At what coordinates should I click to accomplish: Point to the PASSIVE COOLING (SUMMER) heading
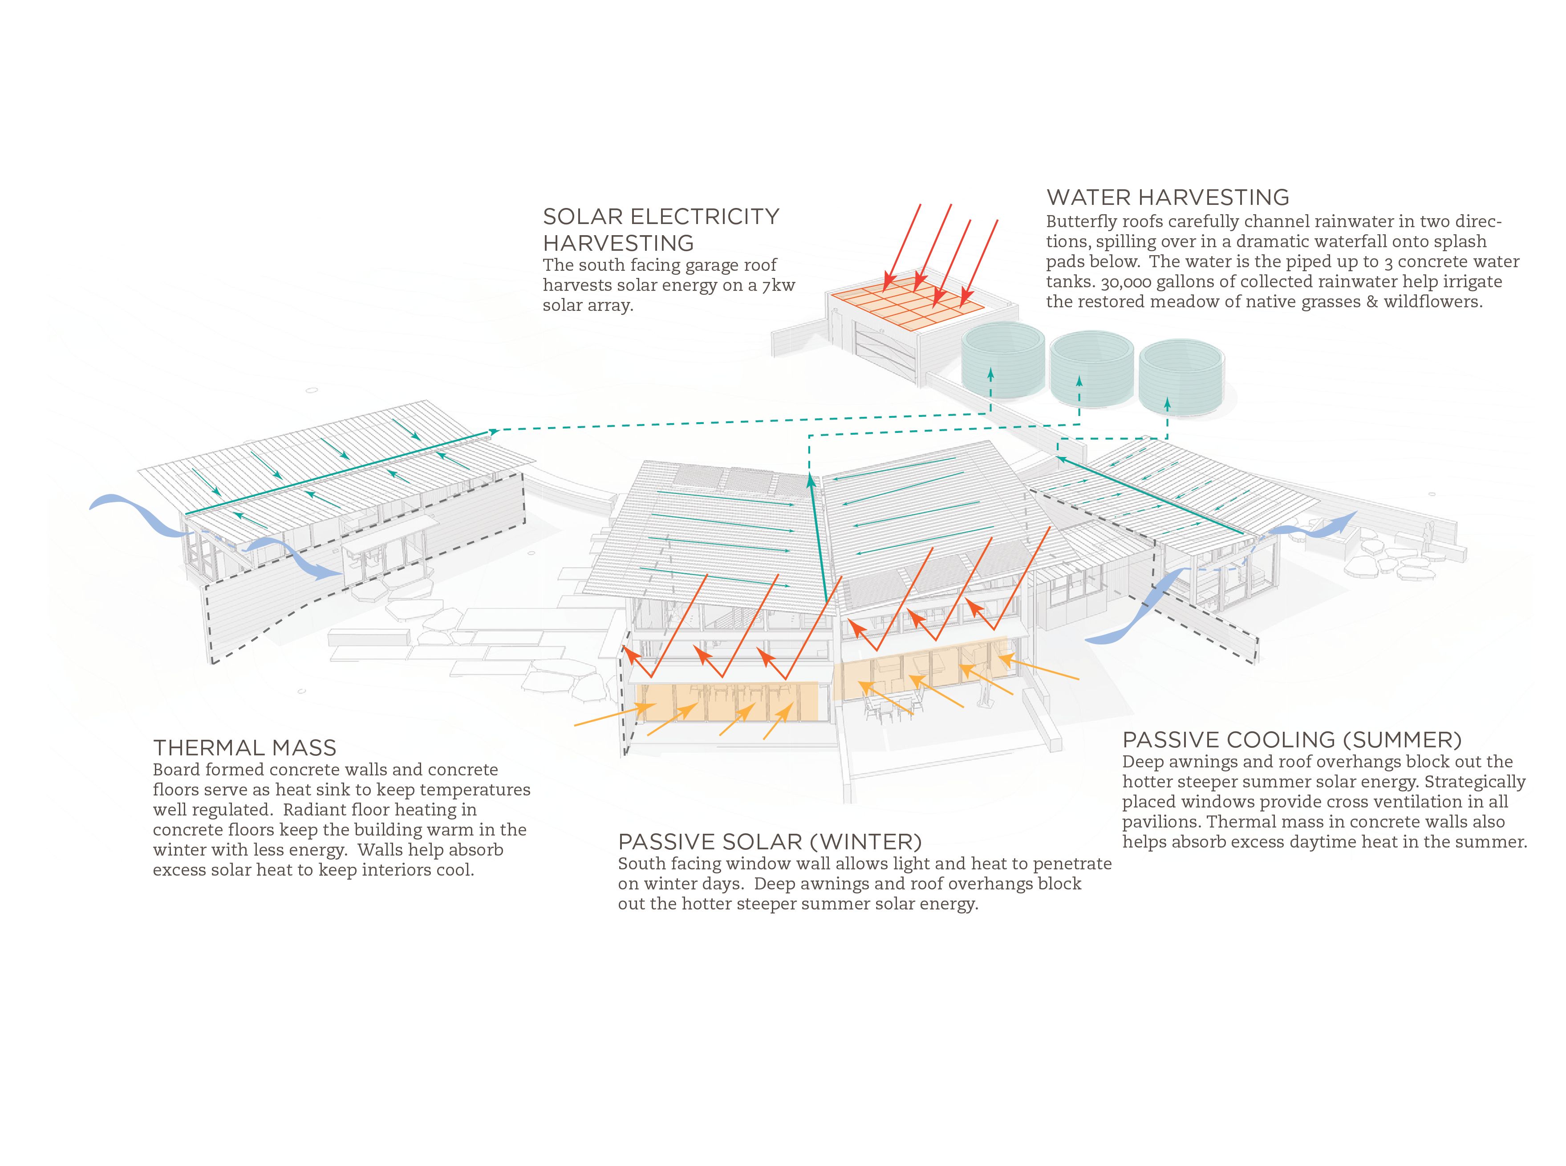(1292, 740)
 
